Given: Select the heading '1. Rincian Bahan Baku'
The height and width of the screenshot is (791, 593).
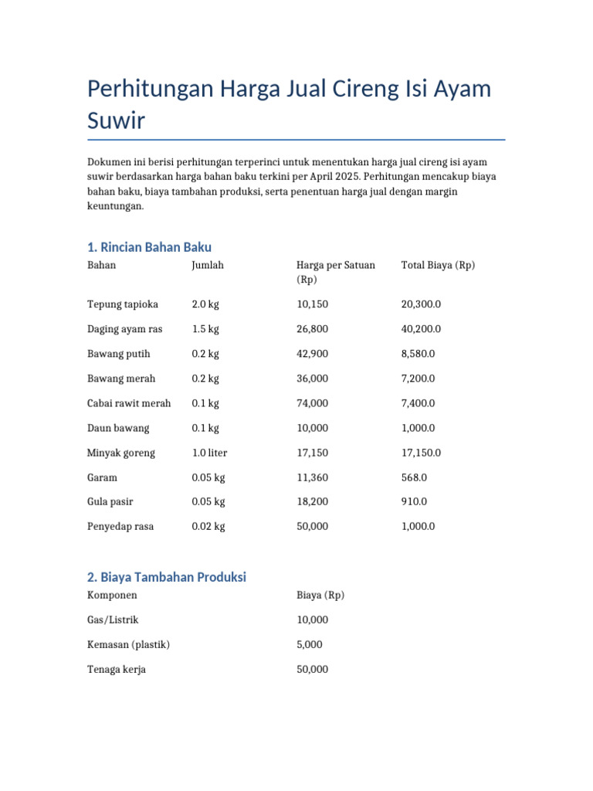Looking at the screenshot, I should (149, 247).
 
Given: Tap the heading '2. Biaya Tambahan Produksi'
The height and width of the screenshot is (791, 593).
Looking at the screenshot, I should (167, 577).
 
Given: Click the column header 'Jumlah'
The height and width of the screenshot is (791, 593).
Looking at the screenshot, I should (208, 265).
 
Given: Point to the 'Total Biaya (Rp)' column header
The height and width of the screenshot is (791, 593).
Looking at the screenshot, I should (438, 265).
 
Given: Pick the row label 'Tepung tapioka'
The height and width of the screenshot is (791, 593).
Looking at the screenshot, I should (123, 304).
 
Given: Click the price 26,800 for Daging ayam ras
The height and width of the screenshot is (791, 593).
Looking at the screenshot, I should (312, 329).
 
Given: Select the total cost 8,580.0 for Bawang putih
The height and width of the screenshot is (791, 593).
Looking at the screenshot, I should (418, 354).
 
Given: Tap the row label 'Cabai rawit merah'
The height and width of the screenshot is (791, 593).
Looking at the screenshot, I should (129, 403).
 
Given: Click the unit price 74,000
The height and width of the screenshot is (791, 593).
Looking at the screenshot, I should (312, 403).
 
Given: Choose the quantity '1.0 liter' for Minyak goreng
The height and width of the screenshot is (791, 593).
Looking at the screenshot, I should (210, 453).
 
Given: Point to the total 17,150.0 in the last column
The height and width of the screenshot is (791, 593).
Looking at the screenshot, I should (421, 453).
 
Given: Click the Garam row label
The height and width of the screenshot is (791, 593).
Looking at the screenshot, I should (102, 477).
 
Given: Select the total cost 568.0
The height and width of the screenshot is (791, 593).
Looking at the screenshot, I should (414, 477).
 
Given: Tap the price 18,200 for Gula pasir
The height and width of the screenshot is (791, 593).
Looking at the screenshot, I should (312, 502).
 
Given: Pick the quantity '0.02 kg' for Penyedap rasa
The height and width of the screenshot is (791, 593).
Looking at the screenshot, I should (208, 527).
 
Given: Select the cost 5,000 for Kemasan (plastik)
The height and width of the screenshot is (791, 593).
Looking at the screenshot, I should (310, 644).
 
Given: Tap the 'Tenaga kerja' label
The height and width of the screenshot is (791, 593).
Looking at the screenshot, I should (117, 669).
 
